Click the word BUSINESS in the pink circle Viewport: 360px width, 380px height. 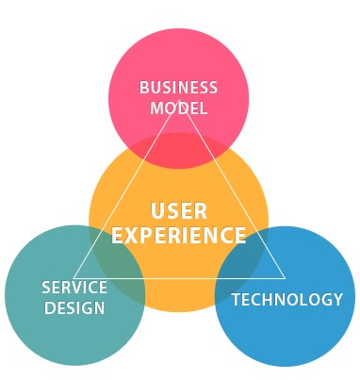pyautogui.click(x=178, y=88)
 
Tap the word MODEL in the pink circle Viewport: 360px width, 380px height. pyautogui.click(x=178, y=107)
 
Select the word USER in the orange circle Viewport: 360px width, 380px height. pyautogui.click(x=179, y=210)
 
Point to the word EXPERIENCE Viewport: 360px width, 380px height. pyautogui.click(x=179, y=235)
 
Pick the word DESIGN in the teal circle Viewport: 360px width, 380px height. pyautogui.click(x=74, y=308)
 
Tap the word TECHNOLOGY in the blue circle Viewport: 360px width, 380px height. pyautogui.click(x=287, y=300)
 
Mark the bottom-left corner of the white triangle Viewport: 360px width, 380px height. pyautogui.click(x=74, y=278)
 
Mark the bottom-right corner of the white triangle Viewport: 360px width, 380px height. pyautogui.click(x=285, y=278)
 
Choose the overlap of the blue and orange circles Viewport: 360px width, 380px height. pyautogui.click(x=239, y=259)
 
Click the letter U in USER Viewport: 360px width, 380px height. pyautogui.click(x=156, y=210)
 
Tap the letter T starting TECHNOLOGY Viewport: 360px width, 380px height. pyautogui.click(x=237, y=300)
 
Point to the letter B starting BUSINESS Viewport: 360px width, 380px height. pyautogui.click(x=144, y=88)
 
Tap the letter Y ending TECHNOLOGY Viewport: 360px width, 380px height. pyautogui.click(x=337, y=300)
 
